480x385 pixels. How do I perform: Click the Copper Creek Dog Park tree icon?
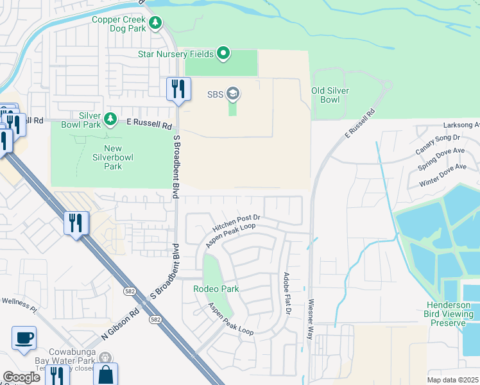[x=155, y=23]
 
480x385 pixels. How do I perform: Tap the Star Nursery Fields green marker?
[x=223, y=53]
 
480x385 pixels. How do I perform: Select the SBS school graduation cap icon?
[x=232, y=94]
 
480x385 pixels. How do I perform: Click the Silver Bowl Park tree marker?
[x=110, y=119]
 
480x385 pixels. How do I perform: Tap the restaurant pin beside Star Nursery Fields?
[x=178, y=89]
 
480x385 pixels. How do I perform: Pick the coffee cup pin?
[x=24, y=338]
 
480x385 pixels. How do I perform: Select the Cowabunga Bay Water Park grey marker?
[x=105, y=357]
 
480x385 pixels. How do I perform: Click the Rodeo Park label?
[x=216, y=289]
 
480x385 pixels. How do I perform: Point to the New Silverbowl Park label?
[x=104, y=157]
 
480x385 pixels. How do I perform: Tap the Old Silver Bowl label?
[x=330, y=95]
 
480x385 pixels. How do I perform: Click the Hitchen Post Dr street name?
[x=236, y=223]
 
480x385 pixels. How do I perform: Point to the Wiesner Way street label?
[x=311, y=314]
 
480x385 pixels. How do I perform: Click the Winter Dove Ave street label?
[x=442, y=174]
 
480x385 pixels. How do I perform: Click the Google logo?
[x=21, y=377]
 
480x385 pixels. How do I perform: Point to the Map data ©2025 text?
[x=452, y=380]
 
